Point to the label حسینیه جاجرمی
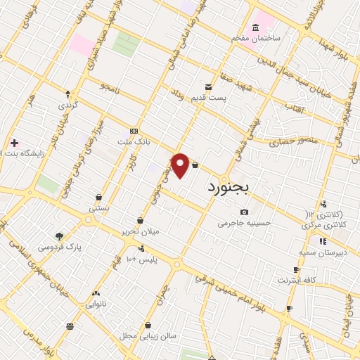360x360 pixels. [x=244, y=224]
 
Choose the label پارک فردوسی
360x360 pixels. [x=60, y=247]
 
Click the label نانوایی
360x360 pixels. [x=96, y=304]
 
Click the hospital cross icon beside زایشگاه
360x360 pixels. [x=14, y=143]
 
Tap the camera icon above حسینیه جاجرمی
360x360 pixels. [x=244, y=212]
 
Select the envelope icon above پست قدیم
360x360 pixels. [x=209, y=86]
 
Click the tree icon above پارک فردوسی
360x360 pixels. [x=59, y=237]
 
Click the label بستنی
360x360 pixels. [x=98, y=208]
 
